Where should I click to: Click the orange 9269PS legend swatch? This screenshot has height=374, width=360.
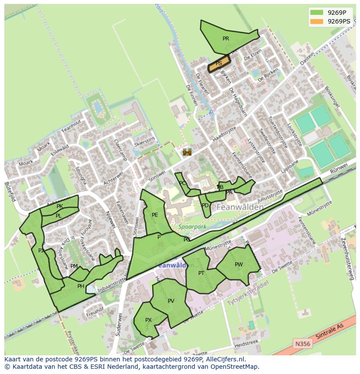pyautogui.click(x=317, y=21)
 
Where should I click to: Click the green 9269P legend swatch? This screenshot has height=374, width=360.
pyautogui.click(x=317, y=13)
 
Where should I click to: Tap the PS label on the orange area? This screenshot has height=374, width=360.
pyautogui.click(x=219, y=63)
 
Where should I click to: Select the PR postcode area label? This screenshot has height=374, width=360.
pyautogui.click(x=226, y=39)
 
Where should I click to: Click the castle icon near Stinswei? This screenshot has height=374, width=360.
pyautogui.click(x=187, y=152)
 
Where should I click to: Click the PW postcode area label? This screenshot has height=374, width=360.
pyautogui.click(x=239, y=265)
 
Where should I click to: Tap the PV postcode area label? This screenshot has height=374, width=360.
pyautogui.click(x=171, y=301)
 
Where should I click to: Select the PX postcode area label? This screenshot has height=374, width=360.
pyautogui.click(x=148, y=320)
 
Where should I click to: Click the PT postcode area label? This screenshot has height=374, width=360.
pyautogui.click(x=201, y=273)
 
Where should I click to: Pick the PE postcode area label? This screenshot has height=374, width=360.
pyautogui.click(x=155, y=215)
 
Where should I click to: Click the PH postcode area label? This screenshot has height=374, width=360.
pyautogui.click(x=80, y=286)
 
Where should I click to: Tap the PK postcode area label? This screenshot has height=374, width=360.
pyautogui.click(x=60, y=206)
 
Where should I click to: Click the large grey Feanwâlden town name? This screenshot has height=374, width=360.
pyautogui.click(x=240, y=207)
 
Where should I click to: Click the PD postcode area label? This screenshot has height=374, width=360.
pyautogui.click(x=205, y=205)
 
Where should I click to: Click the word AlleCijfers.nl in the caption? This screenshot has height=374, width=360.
pyautogui.click(x=224, y=360)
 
